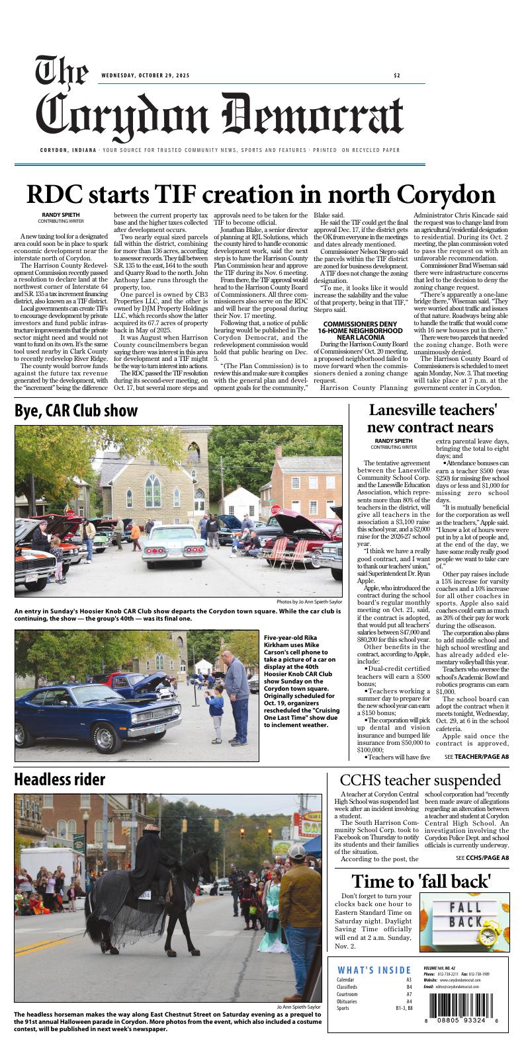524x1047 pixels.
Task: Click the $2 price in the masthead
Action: (x=396, y=75)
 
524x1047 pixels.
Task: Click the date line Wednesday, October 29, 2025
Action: (x=145, y=75)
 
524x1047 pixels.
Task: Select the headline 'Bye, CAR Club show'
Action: (x=76, y=410)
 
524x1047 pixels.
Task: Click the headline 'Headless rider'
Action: (x=60, y=779)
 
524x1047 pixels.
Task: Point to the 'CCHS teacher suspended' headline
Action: (x=420, y=780)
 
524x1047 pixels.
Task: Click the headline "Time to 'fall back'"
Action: (x=421, y=881)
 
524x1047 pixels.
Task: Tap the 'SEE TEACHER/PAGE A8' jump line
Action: (x=476, y=756)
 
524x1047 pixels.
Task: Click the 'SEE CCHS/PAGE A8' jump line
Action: (x=482, y=857)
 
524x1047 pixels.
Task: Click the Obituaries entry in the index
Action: (x=347, y=1001)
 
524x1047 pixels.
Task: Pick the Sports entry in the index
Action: (x=343, y=1009)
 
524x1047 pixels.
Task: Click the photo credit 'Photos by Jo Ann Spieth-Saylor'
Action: (x=309, y=602)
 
